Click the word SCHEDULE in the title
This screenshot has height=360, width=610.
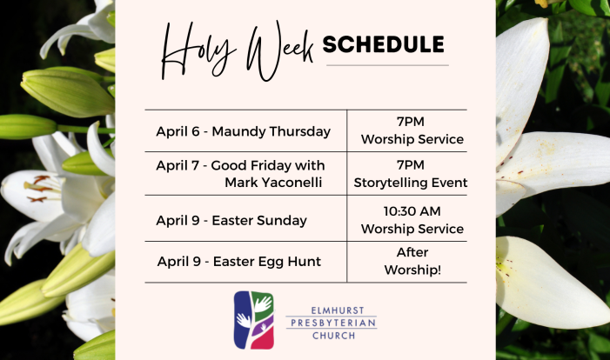pos(383,44)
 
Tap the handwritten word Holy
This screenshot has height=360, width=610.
pos(198,50)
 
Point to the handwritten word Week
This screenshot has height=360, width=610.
pos(279,50)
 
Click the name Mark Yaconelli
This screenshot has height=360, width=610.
pos(273,183)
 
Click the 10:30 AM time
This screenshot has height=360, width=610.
pos(412,211)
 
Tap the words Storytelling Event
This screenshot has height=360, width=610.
pos(411,183)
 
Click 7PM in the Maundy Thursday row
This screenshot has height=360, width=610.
pos(411,122)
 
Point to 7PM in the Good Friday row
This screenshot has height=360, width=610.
pos(411,165)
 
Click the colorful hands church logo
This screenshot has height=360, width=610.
pos(253,320)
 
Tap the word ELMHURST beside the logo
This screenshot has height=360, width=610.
pos(332,310)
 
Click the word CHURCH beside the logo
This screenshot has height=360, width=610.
pos(334,336)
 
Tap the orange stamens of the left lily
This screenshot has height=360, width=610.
pos(39,189)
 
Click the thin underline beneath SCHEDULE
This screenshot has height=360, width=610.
pos(387,65)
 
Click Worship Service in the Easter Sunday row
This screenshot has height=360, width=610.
pos(412,229)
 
